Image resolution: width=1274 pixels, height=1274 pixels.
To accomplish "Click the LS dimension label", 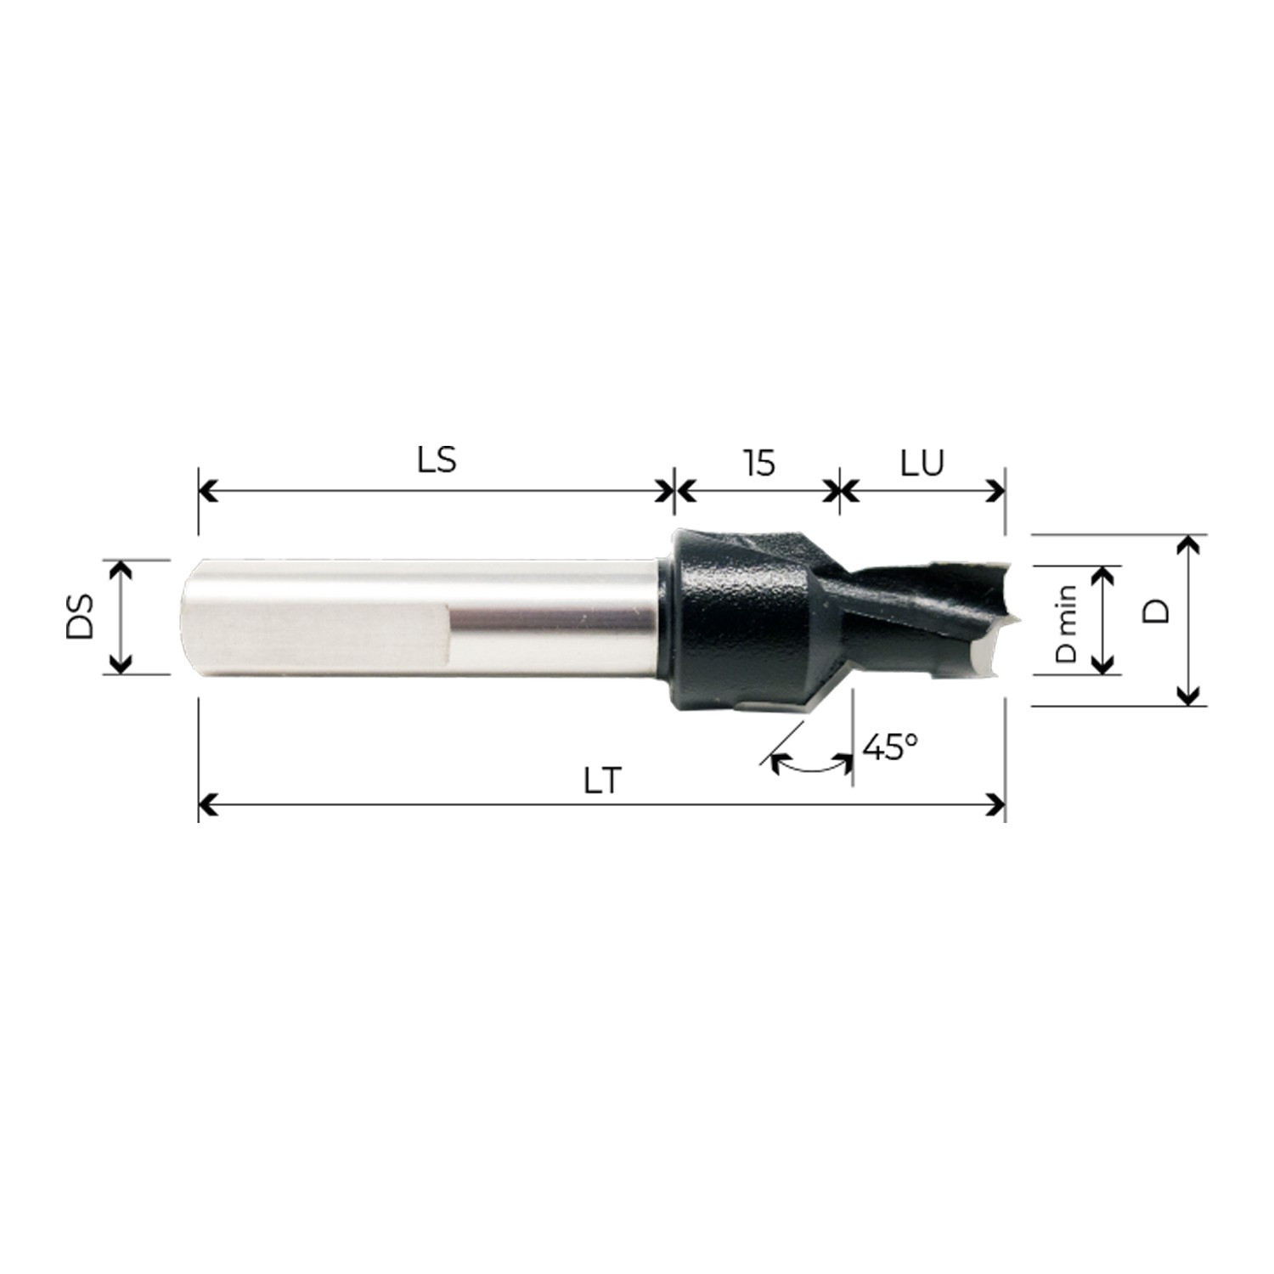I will click(437, 460).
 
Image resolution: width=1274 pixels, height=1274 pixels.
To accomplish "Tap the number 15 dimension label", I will click(758, 463).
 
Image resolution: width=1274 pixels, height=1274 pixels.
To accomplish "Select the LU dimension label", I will click(922, 463).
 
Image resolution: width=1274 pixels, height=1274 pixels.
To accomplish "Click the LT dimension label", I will click(603, 781).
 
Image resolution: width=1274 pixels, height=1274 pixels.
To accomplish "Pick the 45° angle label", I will click(889, 747).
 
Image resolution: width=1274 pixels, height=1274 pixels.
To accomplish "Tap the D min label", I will click(1065, 623).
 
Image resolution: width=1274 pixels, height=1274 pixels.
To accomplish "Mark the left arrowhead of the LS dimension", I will click(206, 490).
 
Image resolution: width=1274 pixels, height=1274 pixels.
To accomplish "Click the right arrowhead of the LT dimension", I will click(997, 804).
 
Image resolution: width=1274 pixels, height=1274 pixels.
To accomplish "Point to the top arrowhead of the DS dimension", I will click(121, 567).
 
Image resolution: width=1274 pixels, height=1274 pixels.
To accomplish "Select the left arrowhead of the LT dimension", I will click(206, 804).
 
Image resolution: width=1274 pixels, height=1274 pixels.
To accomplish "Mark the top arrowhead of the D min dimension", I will click(1102, 573).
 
